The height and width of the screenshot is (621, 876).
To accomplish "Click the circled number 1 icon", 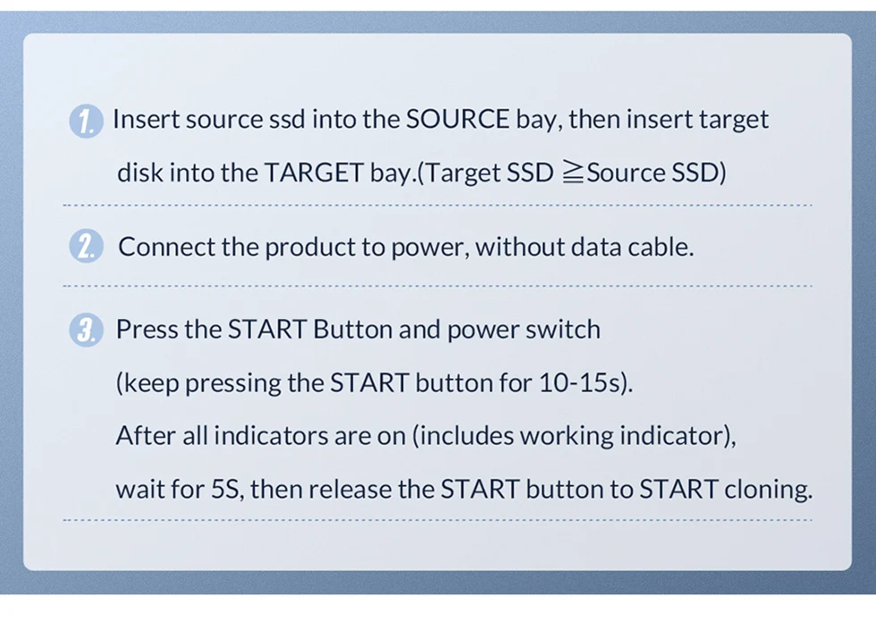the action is point(86,121).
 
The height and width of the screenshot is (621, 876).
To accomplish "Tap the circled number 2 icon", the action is point(86,246).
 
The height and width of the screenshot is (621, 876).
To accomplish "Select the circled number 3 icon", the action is point(86,330).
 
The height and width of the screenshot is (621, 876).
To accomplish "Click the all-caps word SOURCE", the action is point(458,119).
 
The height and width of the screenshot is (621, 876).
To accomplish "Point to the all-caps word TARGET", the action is point(314,172).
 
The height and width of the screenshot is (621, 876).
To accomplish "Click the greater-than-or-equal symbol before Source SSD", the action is point(573,172).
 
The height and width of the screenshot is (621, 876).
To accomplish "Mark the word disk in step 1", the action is point(140,172).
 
